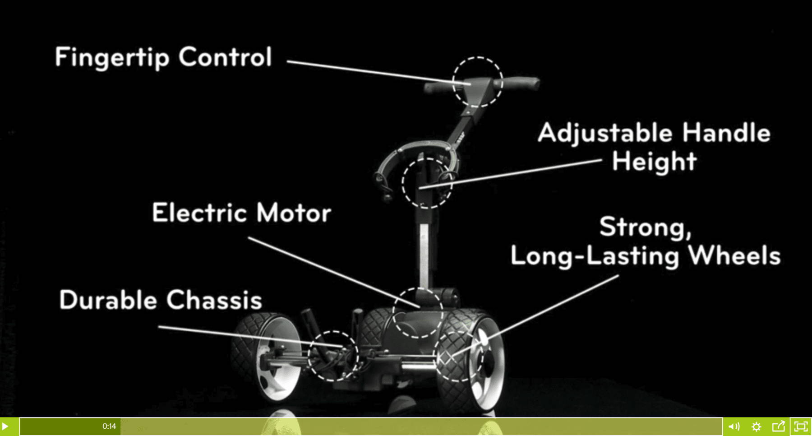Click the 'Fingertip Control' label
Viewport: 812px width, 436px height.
coord(163,58)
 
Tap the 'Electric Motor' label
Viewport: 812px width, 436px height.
coord(241,213)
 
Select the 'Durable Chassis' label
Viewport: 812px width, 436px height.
coord(161,300)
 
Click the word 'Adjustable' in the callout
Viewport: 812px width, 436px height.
coord(605,134)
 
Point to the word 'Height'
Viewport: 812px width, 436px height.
coord(654,162)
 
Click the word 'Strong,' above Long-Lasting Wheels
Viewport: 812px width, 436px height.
coord(645,227)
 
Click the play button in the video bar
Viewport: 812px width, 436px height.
coord(5,426)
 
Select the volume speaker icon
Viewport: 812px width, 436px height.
coord(734,426)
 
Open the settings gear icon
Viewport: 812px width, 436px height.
coord(757,426)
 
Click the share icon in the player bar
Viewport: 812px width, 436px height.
coord(779,426)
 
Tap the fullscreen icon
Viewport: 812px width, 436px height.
coord(801,426)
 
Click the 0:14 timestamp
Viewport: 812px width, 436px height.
coord(109,426)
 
